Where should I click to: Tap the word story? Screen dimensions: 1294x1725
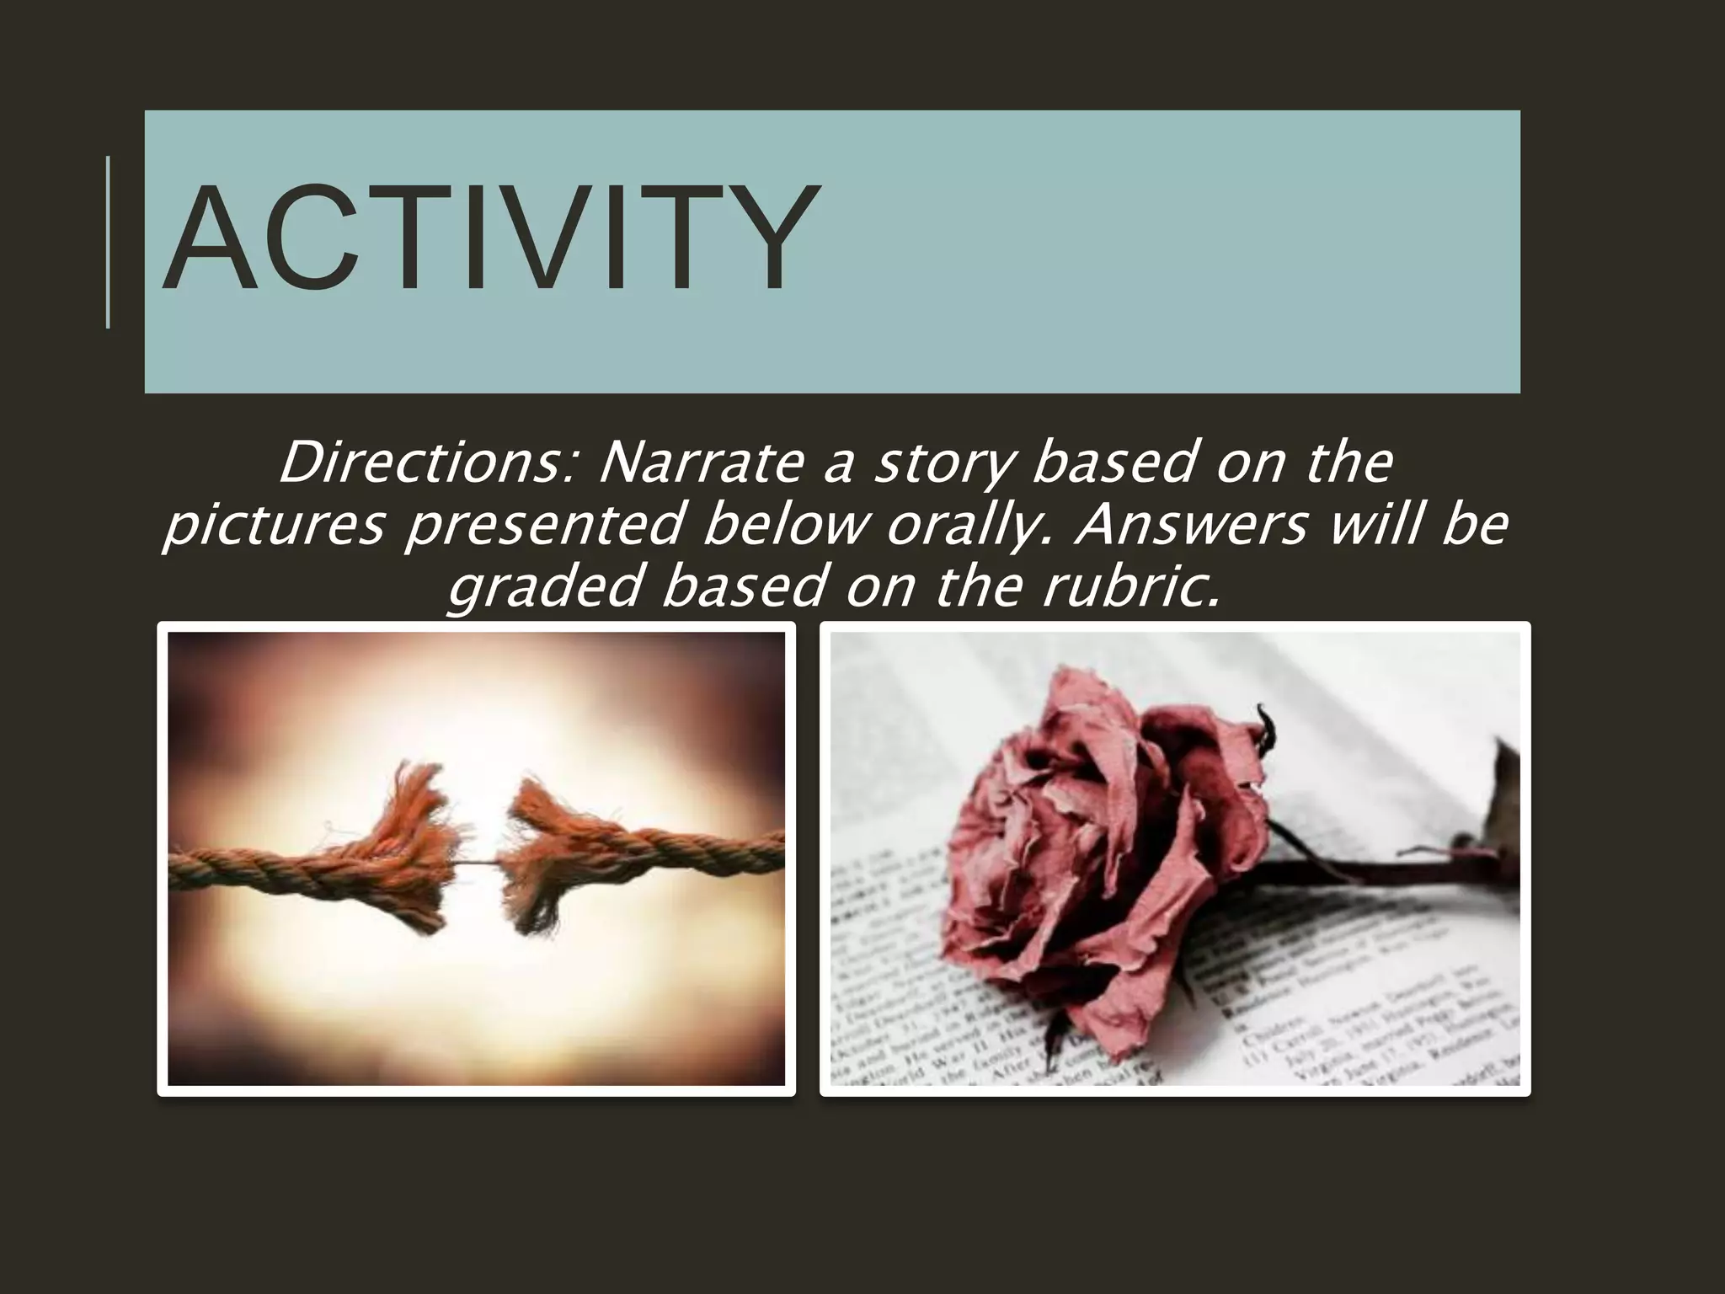(x=943, y=463)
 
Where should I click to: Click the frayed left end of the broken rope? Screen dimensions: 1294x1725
(x=413, y=851)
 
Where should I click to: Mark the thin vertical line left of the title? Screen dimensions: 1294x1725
(x=108, y=241)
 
